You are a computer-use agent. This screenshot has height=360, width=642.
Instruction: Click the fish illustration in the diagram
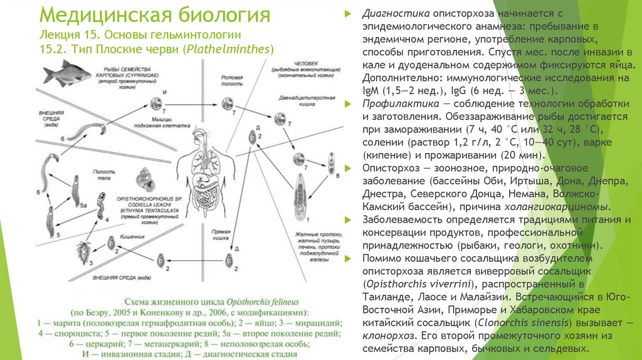point(60,73)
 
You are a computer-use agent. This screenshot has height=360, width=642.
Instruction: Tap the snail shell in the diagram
point(149,179)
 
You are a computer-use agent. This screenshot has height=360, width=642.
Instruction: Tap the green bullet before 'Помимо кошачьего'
point(350,258)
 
